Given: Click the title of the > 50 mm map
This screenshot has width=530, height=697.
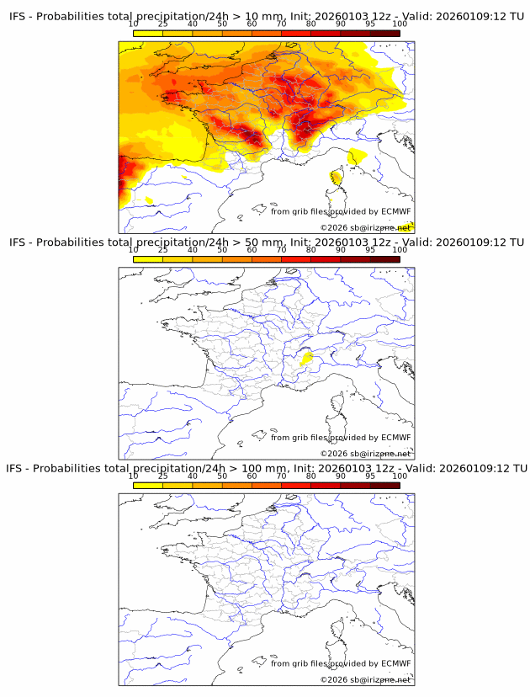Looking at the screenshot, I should pos(265,242).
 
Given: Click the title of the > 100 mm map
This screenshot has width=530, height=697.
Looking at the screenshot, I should pos(265,468).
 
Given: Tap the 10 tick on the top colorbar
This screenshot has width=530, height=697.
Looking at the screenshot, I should pos(134,24).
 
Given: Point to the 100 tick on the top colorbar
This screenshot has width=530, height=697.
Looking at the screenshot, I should pos(400,24).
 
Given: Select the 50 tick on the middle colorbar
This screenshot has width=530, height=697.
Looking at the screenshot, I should pos(222,250).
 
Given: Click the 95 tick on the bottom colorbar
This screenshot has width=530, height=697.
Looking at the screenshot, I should pos(370,476).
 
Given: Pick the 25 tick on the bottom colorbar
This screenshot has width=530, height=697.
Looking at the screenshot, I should pos(163,476).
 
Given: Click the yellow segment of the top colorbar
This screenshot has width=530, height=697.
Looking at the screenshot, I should pos(148,33).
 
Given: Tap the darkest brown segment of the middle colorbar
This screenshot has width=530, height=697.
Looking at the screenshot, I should pos(384,259).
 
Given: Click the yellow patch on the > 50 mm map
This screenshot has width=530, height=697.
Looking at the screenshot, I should pos(307,358).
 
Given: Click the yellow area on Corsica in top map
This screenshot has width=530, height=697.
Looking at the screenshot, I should pos(337,178).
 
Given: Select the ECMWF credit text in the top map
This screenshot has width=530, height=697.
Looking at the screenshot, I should pos(341,211).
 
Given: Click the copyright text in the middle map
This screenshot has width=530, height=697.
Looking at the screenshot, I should pos(365,454).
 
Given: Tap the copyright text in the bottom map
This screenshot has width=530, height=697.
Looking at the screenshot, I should pos(365,679).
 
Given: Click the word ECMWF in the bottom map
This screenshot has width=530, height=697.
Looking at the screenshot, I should pos(396,663).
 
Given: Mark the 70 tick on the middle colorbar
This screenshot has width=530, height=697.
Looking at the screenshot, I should pos(281,250).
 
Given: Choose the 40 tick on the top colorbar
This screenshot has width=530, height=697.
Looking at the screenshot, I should pos(193,24).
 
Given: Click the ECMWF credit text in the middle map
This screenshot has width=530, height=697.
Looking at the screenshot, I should pos(341,438).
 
